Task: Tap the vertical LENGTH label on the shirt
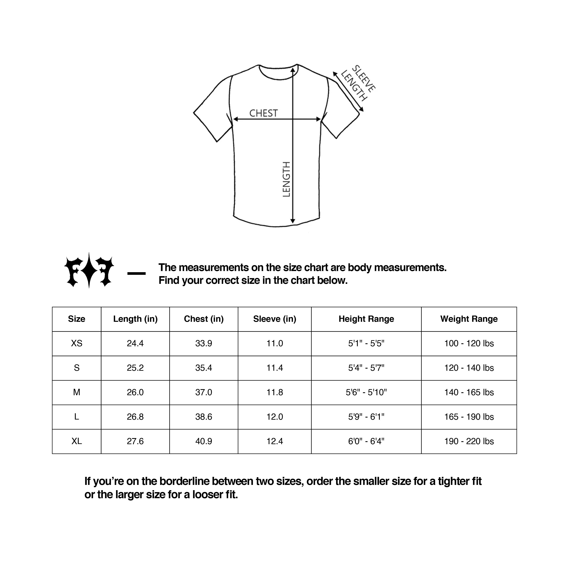pyautogui.click(x=286, y=179)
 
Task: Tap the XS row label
pyautogui.click(x=77, y=343)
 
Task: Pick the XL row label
pyautogui.click(x=77, y=441)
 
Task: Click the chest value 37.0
pyautogui.click(x=203, y=392)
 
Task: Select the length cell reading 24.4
pyautogui.click(x=135, y=343)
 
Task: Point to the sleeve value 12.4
pyautogui.click(x=275, y=441)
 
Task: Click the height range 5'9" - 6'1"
pyautogui.click(x=366, y=417)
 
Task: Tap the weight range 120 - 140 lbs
pyautogui.click(x=469, y=368)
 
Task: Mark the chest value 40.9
pyautogui.click(x=203, y=441)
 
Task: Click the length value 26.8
pyautogui.click(x=135, y=417)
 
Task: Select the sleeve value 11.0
pyautogui.click(x=275, y=343)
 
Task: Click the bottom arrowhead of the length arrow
pyautogui.click(x=292, y=221)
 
